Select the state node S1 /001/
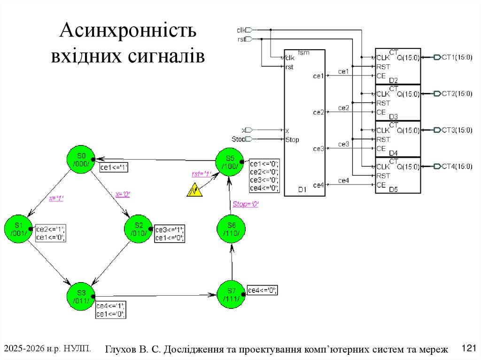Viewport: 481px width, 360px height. click(x=19, y=229)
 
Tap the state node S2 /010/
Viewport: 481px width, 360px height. click(x=138, y=229)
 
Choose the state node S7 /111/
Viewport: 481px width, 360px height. click(x=231, y=295)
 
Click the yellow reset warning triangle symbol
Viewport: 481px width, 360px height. click(x=194, y=190)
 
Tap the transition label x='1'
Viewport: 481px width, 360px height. click(x=56, y=198)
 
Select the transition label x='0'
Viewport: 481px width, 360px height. click(x=123, y=194)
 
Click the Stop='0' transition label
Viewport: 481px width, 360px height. click(x=246, y=204)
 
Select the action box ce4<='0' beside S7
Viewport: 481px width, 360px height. click(x=263, y=290)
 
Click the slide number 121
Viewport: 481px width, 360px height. click(x=469, y=348)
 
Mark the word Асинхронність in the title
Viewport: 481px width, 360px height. click(x=128, y=32)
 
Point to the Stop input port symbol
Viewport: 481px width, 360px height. click(x=249, y=139)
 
